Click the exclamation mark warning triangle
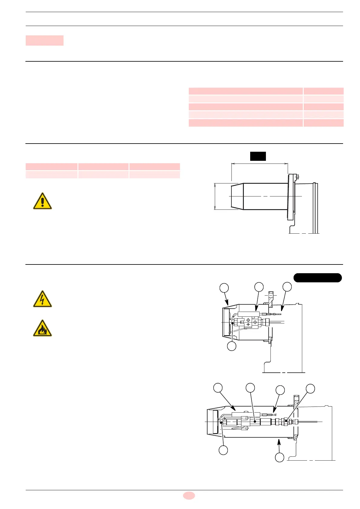tap(42, 201)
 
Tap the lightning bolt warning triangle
tap(42, 299)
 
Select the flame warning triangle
tap(42, 329)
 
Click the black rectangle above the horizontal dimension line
tap(258, 156)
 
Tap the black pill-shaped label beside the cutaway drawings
tap(318, 277)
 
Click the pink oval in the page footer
tap(189, 495)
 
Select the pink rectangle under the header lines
tap(44, 41)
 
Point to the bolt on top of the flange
tap(298, 177)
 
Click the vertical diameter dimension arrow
tap(215, 196)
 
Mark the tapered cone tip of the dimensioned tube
tap(237, 196)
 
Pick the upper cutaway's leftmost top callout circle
tap(224, 288)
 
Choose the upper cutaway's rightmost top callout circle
tap(287, 287)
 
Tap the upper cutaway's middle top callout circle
tap(259, 287)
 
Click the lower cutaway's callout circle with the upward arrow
tap(280, 457)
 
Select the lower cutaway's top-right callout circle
tap(310, 388)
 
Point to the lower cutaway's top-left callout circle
tap(218, 387)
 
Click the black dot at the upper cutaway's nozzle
tap(232, 323)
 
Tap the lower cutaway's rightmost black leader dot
tap(286, 420)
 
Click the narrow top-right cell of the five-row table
tap(323, 91)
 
